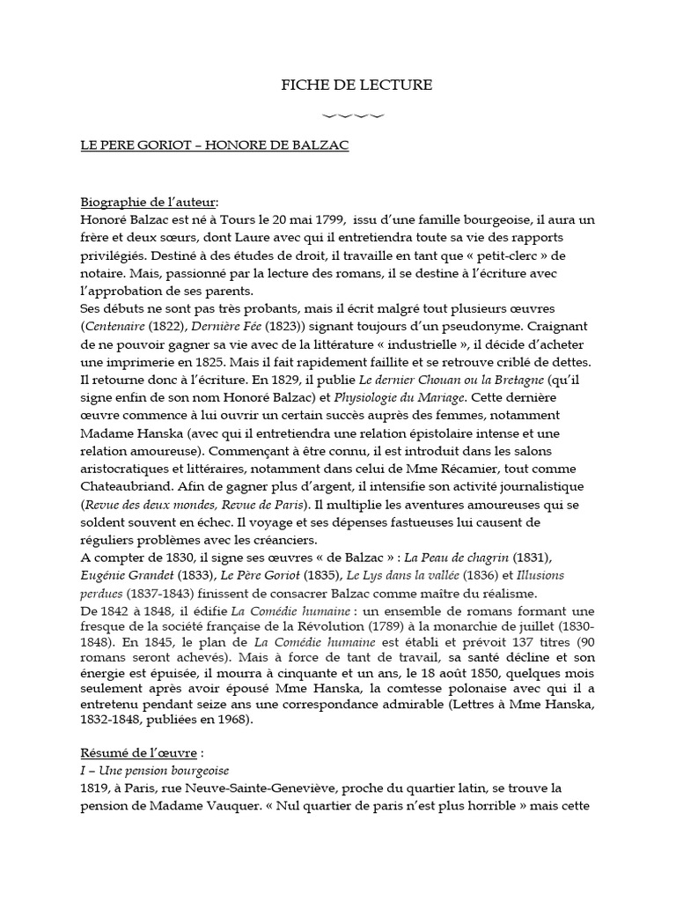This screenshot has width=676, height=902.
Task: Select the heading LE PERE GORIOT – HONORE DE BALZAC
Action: point(214,145)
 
